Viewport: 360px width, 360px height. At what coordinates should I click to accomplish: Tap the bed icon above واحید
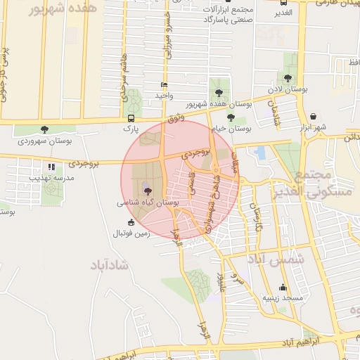coord(164,85)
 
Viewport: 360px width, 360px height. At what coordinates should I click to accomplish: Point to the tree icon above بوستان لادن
coord(288,78)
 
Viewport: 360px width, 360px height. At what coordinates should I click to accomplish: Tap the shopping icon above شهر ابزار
coord(313,117)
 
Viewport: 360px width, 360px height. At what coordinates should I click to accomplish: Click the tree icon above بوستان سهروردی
coord(45,129)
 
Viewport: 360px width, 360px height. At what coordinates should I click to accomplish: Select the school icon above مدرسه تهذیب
coord(51,167)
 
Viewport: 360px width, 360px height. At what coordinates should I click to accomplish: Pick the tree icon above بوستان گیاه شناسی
coord(146,189)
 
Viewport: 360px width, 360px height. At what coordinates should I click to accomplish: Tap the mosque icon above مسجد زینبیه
coord(283,287)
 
